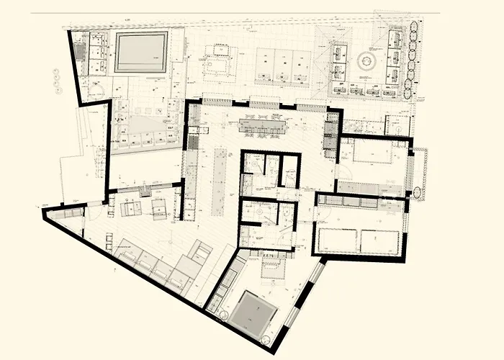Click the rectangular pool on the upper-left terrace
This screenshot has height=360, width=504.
click(x=142, y=53)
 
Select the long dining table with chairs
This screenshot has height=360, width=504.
click(x=262, y=127)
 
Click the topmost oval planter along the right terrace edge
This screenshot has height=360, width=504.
click(x=414, y=30)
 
